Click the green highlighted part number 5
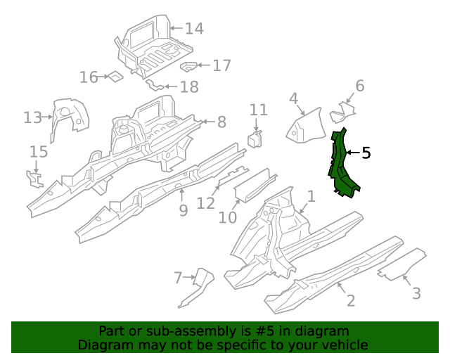(x=341, y=163)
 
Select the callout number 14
(x=193, y=29)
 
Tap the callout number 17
(x=221, y=66)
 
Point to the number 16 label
(x=89, y=77)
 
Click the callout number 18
(x=189, y=87)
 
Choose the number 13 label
(x=32, y=117)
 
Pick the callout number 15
(x=39, y=152)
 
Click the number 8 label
(x=221, y=122)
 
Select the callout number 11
(x=259, y=110)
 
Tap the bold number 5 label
(x=366, y=153)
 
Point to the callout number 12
(x=205, y=203)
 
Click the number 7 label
(x=178, y=278)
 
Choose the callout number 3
(x=416, y=293)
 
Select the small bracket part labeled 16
(x=112, y=77)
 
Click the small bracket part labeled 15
(x=34, y=179)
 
